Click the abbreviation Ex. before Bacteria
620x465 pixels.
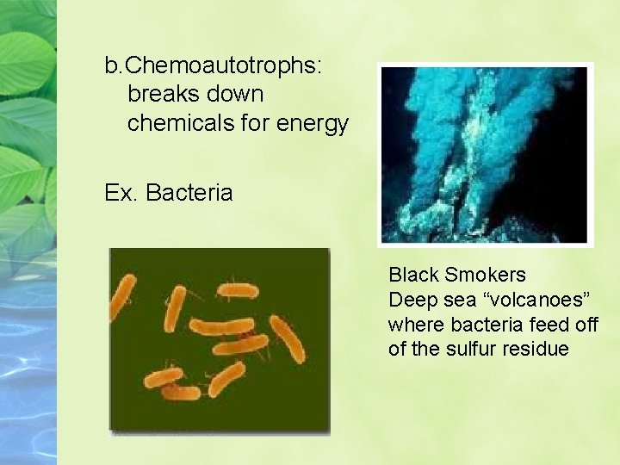click(121, 192)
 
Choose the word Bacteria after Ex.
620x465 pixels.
click(189, 192)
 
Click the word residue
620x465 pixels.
click(537, 349)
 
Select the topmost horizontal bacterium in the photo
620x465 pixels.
click(237, 290)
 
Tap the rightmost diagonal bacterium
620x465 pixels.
click(286, 338)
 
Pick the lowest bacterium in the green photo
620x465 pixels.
click(180, 393)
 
